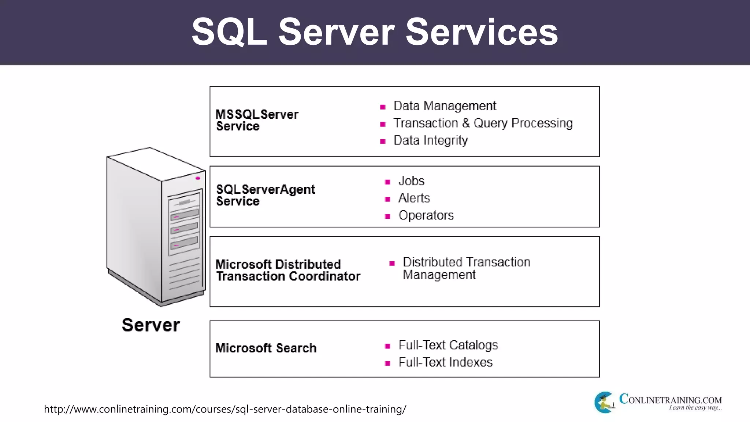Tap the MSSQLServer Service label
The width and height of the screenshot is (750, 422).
257,120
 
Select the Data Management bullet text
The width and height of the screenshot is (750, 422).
445,106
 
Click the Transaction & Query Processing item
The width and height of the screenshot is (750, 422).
483,123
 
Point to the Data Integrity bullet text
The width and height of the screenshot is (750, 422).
430,140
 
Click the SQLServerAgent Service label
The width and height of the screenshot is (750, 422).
265,195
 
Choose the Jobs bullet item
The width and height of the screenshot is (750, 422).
411,181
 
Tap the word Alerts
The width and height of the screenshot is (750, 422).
414,198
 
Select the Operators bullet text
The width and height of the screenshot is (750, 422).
426,215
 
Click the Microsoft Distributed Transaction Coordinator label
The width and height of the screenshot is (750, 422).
288,270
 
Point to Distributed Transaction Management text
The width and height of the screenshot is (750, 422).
466,269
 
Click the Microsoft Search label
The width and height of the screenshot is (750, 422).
266,348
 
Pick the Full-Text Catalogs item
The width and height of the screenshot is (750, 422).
448,345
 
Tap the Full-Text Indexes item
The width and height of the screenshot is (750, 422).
445,362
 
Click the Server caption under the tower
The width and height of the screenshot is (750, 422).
151,325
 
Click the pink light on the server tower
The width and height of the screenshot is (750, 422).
198,178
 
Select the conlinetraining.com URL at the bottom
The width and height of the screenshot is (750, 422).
225,409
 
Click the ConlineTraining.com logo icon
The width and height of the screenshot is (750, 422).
604,403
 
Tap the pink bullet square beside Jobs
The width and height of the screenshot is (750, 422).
387,182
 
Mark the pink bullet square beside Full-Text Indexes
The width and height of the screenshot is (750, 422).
387,363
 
